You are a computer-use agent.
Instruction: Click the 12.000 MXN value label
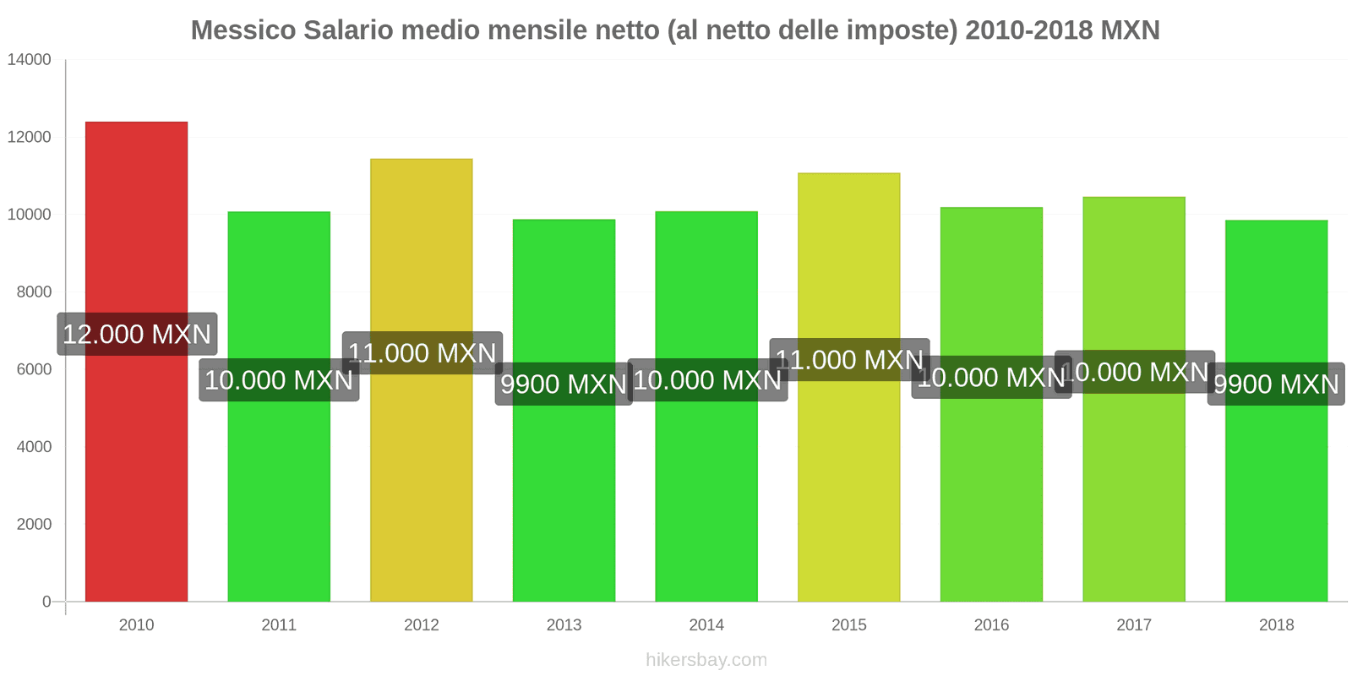(137, 334)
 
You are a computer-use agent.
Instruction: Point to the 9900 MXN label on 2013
(564, 384)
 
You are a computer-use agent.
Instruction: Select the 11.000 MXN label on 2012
(422, 352)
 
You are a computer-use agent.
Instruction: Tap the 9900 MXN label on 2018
(1276, 384)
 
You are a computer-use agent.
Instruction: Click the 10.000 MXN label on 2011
(279, 380)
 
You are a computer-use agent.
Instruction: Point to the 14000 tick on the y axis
(30, 60)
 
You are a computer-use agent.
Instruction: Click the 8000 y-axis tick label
(34, 292)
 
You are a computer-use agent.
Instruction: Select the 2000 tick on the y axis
(34, 525)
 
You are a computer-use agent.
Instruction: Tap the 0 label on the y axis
(46, 602)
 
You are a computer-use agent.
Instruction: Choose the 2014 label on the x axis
(706, 625)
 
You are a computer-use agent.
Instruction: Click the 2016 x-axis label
(991, 625)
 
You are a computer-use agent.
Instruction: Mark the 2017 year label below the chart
(1134, 625)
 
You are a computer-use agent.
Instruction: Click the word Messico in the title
(243, 30)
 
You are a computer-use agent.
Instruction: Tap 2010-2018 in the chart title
(1028, 30)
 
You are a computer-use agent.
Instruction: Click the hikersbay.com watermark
(706, 660)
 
